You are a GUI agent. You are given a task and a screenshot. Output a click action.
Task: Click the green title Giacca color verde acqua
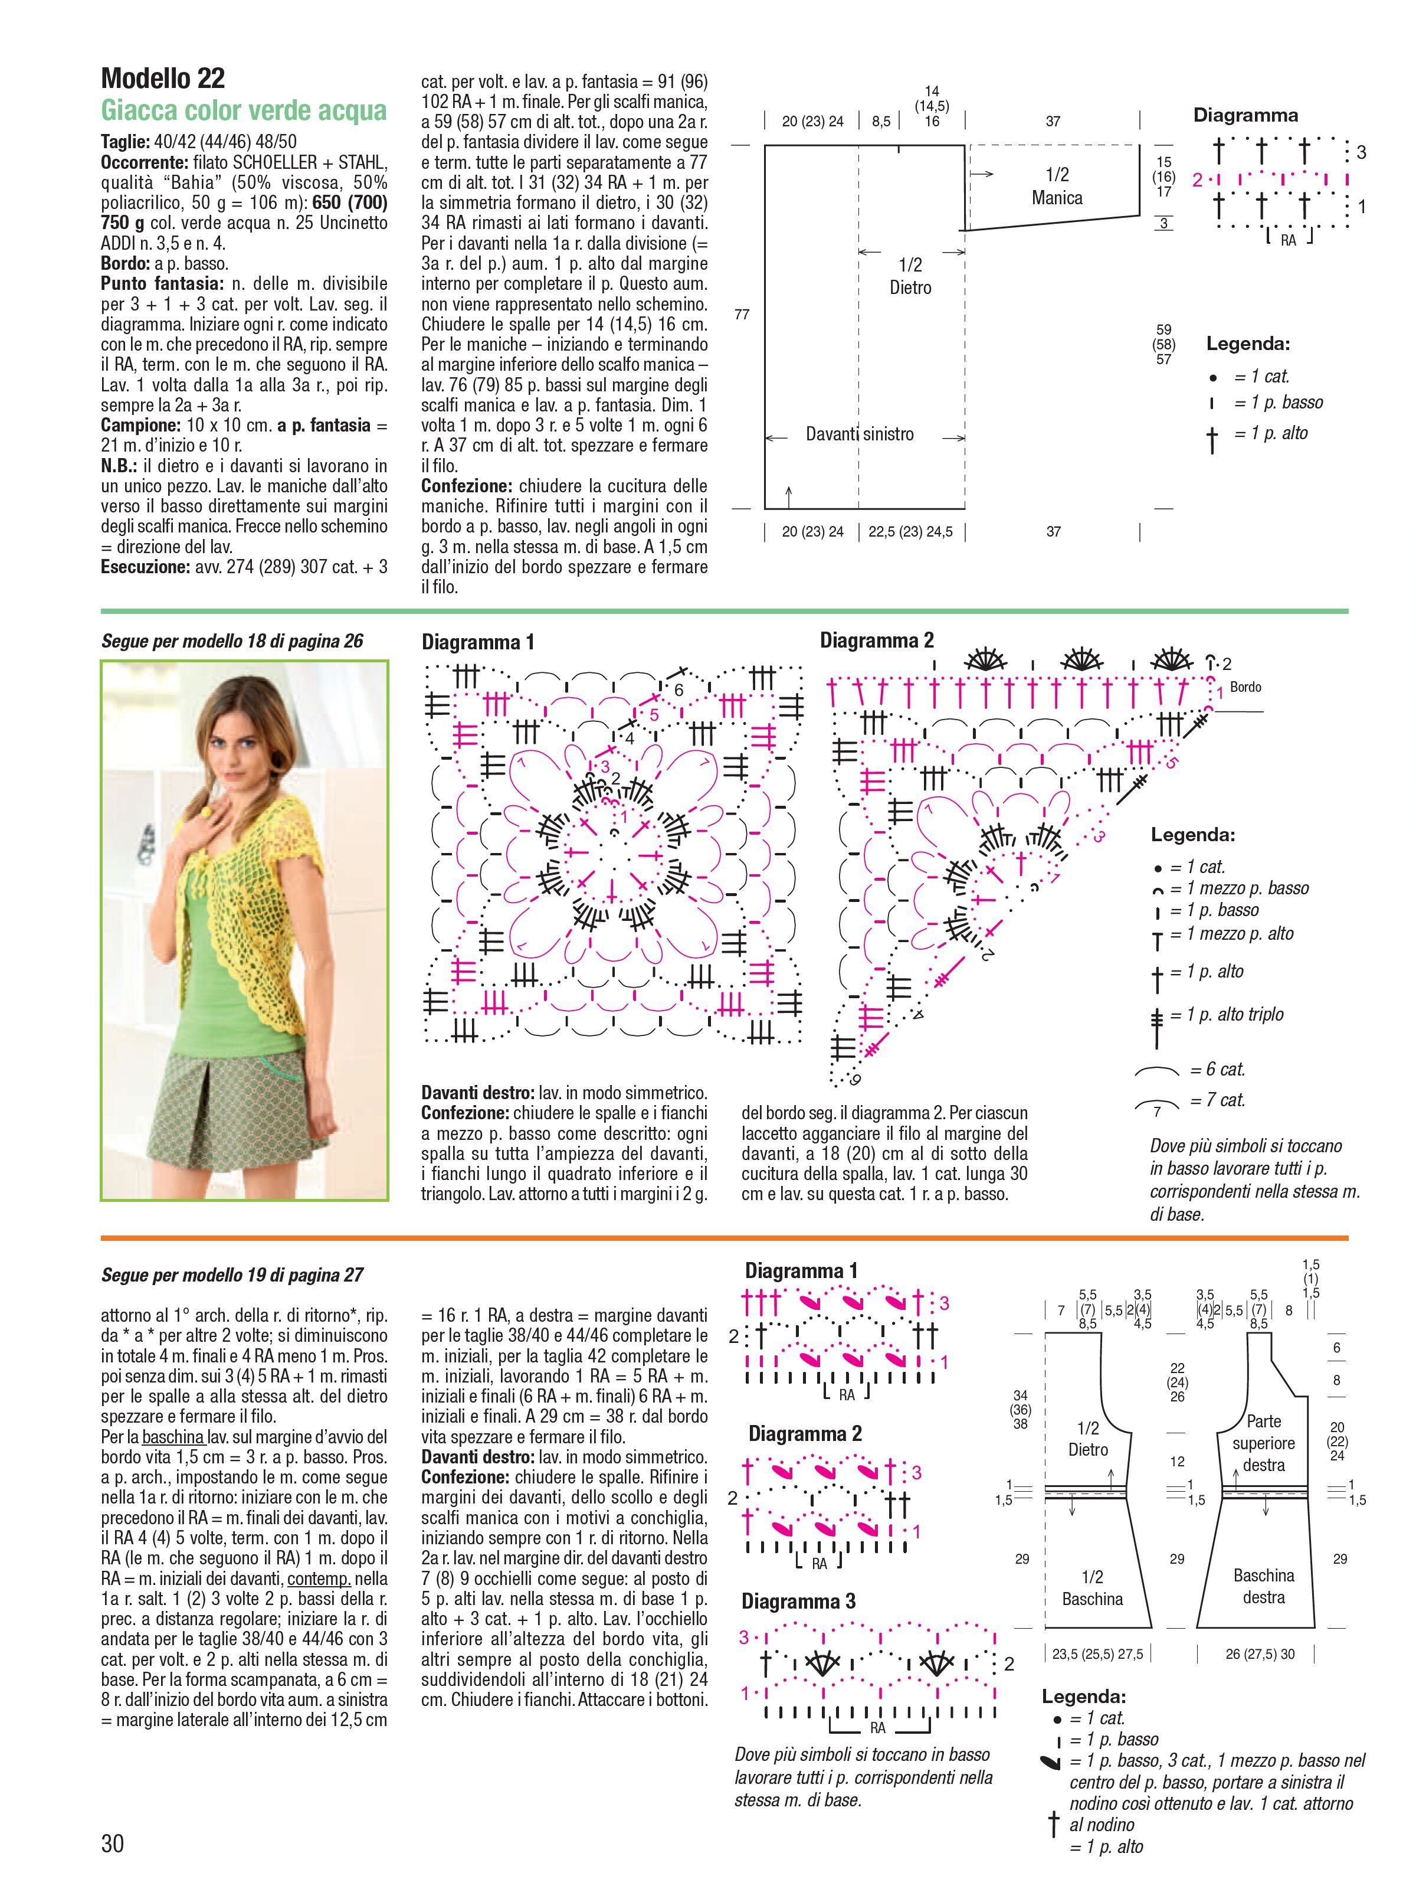pos(243,110)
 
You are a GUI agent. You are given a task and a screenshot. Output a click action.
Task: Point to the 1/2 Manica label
pos(1057,186)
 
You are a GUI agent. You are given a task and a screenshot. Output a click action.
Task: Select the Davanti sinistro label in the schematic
pos(860,434)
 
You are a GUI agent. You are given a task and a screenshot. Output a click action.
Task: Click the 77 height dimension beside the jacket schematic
pos(742,315)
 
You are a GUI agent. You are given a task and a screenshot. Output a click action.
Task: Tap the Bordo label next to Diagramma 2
pos(1245,687)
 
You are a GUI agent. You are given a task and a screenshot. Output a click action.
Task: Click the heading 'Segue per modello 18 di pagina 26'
pos(232,641)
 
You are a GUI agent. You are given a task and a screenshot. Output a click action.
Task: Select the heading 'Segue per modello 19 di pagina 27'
pos(232,1275)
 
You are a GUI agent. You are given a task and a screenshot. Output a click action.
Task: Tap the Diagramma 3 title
pos(798,1601)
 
